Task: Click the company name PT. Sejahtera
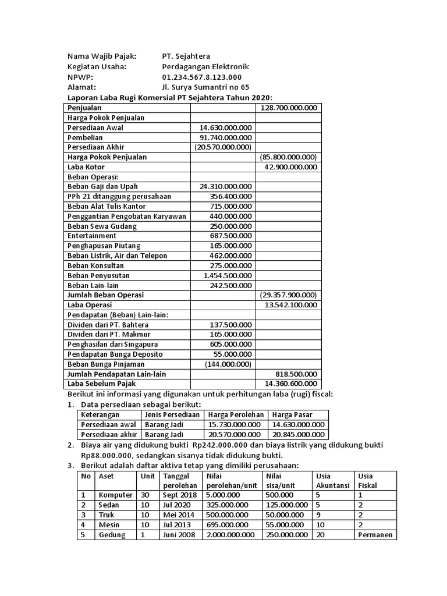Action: [x=186, y=56]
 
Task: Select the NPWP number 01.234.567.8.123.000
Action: [x=201, y=77]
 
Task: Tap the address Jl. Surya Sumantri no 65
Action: [x=205, y=87]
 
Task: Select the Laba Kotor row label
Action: [x=86, y=167]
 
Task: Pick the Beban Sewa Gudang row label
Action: [x=102, y=226]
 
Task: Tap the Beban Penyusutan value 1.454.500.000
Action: [x=228, y=275]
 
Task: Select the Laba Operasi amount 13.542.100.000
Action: [x=290, y=305]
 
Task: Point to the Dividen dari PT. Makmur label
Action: [x=109, y=335]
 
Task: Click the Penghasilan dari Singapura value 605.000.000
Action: [x=230, y=345]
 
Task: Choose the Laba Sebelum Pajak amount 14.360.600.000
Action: [x=290, y=384]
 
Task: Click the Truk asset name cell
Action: [x=107, y=515]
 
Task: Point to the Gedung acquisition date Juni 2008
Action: [x=179, y=535]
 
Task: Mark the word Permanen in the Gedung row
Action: [x=375, y=535]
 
